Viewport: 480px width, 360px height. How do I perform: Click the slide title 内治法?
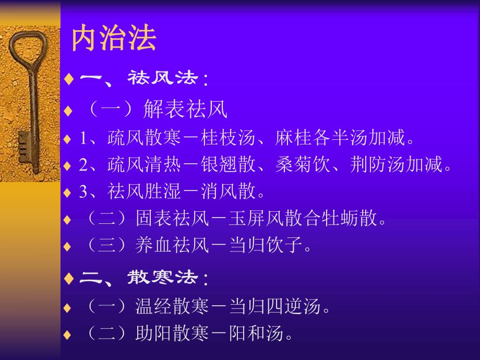(x=114, y=40)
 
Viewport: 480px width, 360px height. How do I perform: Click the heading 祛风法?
(x=163, y=79)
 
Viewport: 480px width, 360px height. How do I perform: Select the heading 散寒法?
(x=163, y=278)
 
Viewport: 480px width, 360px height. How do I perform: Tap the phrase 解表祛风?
(x=185, y=110)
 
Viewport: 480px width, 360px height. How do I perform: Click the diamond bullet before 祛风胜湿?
(x=66, y=193)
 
